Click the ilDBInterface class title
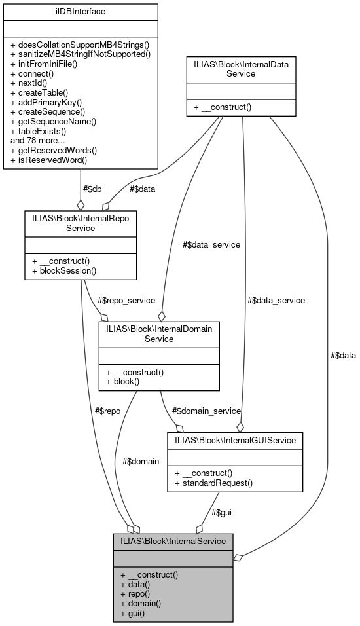tap(81, 11)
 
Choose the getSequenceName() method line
tap(58, 121)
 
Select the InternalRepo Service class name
tap(81, 223)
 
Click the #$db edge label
tap(92, 189)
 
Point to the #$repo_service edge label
tap(126, 300)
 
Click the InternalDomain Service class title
tap(158, 334)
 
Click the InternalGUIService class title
tap(235, 441)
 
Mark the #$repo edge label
tap(107, 411)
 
